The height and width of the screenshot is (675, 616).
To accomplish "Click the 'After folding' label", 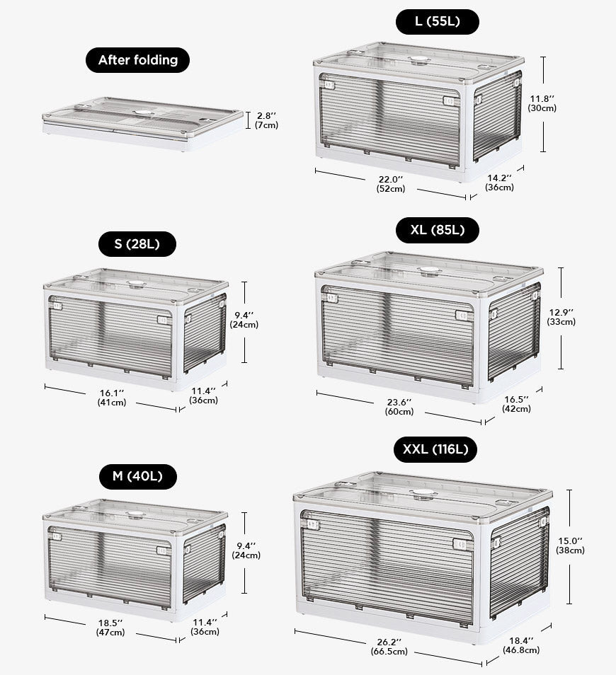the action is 138,60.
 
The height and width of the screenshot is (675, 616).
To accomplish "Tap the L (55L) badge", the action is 438,21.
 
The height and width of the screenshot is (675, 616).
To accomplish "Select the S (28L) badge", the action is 137,244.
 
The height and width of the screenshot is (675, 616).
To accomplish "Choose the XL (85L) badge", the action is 438,230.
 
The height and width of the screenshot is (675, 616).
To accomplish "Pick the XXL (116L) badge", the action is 435,449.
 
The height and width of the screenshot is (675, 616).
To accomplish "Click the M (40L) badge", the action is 138,477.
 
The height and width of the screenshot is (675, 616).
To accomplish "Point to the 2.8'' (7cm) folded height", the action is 266,120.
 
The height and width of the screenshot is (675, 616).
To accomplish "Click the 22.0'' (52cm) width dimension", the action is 391,184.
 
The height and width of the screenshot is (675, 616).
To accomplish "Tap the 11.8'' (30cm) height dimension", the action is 542,104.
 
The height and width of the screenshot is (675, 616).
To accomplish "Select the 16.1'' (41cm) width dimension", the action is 112,398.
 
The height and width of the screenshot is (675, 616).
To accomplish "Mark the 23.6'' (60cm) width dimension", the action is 399,407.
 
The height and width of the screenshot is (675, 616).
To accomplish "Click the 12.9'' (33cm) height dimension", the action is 561,317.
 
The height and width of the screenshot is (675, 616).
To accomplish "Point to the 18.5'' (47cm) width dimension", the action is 110,628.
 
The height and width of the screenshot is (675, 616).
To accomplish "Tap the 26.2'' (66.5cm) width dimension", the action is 389,647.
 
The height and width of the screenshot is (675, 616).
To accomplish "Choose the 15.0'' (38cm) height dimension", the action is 570,546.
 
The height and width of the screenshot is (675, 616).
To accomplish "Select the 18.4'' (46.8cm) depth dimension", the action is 521,646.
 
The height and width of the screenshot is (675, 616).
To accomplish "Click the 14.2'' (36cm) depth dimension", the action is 500,183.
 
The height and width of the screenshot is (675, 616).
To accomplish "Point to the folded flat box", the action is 143,124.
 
